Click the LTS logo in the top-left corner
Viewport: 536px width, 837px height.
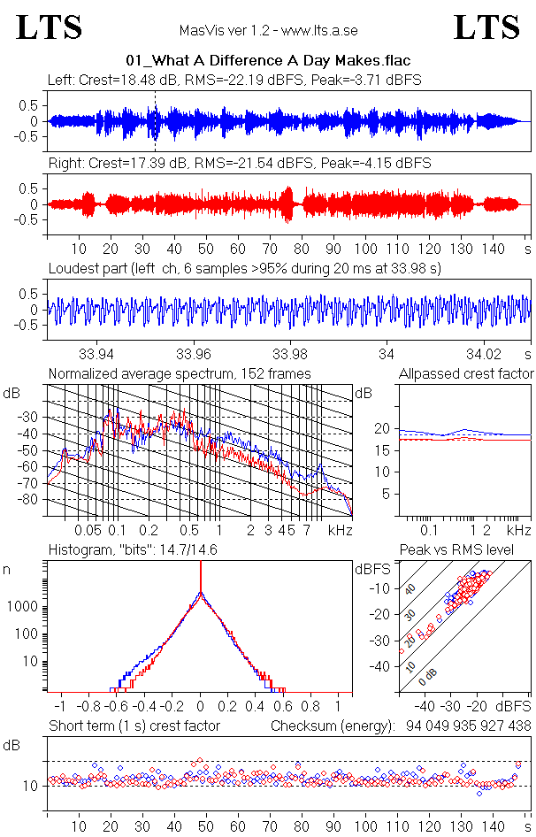coord(50,27)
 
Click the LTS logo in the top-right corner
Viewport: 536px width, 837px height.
coord(486,27)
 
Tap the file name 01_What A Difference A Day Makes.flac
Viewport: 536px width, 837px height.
coord(268,61)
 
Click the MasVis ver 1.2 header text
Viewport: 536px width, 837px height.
coord(267,30)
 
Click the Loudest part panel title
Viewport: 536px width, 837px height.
coord(244,267)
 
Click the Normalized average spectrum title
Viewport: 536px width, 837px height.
coord(180,373)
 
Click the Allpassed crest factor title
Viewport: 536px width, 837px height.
coord(466,373)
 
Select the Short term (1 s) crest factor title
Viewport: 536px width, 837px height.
coord(134,726)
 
